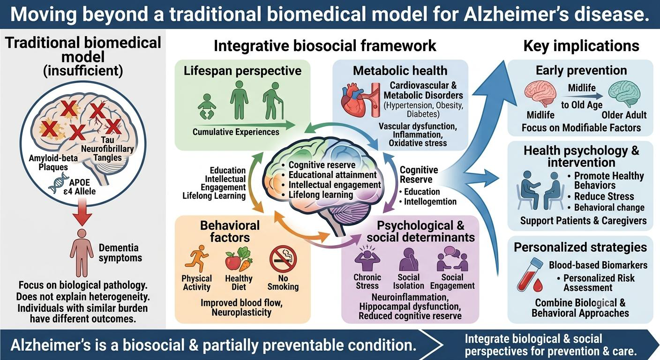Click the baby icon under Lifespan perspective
(x=207, y=106)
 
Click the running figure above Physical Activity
(x=196, y=258)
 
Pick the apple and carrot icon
(x=239, y=259)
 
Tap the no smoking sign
(x=283, y=259)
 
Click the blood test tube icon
(x=530, y=274)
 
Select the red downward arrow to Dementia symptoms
(x=83, y=212)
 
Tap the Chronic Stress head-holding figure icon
(x=367, y=257)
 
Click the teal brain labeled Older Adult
(x=624, y=94)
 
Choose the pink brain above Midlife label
(x=540, y=94)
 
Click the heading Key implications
(x=581, y=46)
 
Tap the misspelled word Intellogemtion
(x=430, y=202)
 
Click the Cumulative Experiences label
(x=236, y=132)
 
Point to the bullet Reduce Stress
(x=604, y=196)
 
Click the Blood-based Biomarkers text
(x=598, y=265)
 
